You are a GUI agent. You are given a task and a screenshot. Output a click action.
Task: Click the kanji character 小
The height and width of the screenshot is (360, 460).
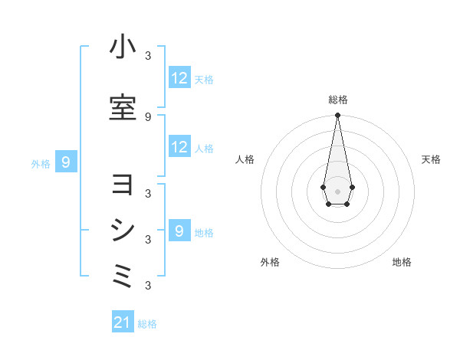click(123, 47)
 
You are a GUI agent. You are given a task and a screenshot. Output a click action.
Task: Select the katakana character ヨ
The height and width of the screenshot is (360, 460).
click(123, 185)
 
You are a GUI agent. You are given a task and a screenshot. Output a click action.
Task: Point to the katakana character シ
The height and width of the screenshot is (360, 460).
click(123, 230)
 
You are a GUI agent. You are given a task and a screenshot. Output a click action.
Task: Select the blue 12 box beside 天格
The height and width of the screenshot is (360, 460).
click(179, 78)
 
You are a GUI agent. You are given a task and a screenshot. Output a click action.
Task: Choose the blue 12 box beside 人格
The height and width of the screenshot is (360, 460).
click(179, 147)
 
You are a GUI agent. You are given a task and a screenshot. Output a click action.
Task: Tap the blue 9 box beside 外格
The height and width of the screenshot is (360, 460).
click(67, 162)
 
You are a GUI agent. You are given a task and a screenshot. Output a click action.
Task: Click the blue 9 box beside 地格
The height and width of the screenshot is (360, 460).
click(179, 231)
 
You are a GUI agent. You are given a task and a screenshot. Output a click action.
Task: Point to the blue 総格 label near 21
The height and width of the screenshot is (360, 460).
click(147, 324)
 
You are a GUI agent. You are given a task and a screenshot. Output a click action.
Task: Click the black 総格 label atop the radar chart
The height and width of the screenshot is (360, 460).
click(337, 100)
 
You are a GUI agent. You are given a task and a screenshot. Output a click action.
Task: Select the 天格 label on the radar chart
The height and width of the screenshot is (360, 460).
click(431, 159)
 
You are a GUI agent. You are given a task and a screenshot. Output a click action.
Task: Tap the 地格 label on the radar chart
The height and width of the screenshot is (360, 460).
click(402, 262)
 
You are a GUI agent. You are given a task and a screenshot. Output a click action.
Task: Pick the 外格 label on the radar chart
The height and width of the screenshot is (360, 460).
click(270, 262)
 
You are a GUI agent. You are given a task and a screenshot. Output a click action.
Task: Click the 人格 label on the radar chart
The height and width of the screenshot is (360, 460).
click(245, 159)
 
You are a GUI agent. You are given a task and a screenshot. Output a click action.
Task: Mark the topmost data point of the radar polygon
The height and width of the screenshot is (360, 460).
click(337, 115)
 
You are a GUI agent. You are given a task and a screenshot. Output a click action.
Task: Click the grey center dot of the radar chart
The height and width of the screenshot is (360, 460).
click(337, 190)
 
